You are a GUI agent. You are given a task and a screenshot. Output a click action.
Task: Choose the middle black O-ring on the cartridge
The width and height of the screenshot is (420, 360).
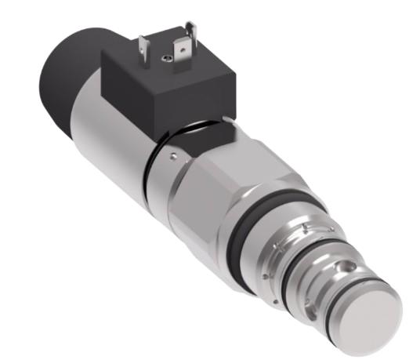coord(302,271)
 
